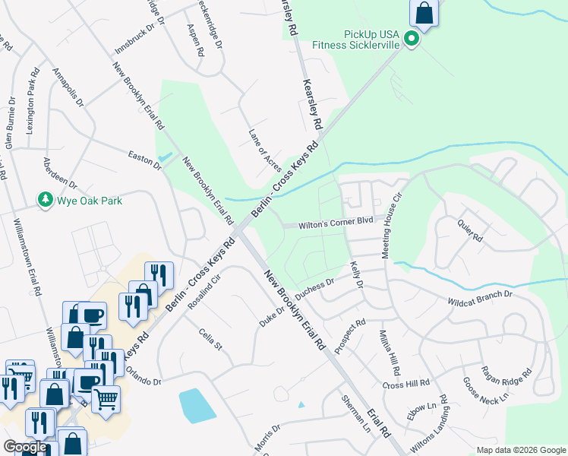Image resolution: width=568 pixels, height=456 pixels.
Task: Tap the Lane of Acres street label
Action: tap(265, 150)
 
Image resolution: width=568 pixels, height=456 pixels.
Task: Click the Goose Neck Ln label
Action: tap(485, 391)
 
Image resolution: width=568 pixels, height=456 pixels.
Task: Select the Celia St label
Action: tap(209, 339)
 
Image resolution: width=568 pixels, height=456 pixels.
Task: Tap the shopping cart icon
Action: tap(106, 396)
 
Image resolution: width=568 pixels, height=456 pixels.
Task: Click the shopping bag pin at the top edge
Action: tap(424, 12)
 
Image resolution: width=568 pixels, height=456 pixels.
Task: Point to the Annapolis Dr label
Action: tap(68, 87)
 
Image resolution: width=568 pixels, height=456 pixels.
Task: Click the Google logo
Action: tap(25, 447)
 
